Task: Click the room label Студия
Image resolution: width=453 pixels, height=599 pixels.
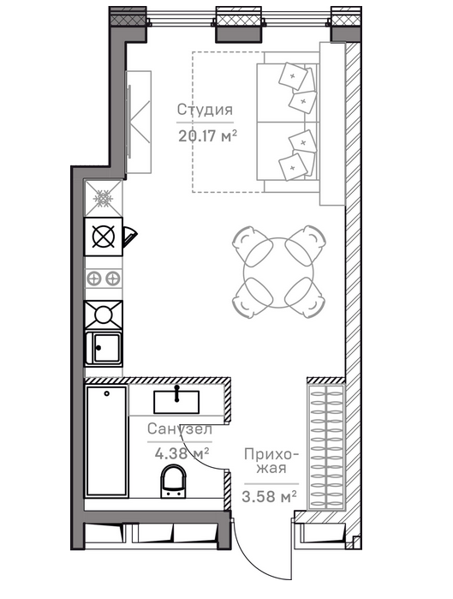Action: [x=205, y=109]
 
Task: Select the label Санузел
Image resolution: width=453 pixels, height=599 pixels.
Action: [x=180, y=429]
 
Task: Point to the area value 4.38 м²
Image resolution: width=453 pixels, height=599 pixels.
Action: [x=182, y=453]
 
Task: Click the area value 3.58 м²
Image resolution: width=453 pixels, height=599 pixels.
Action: [x=269, y=497]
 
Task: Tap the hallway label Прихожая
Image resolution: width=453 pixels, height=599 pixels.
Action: [x=271, y=461]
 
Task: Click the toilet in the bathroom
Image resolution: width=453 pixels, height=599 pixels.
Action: [x=174, y=482]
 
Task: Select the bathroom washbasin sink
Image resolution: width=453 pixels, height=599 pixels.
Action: [x=176, y=402]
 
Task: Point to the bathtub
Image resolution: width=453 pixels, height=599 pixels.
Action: [x=106, y=441]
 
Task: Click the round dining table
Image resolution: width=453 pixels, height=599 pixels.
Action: [x=278, y=273]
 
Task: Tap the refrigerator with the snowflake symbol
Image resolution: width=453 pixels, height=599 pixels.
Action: [x=104, y=199]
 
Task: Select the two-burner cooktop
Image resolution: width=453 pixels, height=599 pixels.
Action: [x=104, y=279]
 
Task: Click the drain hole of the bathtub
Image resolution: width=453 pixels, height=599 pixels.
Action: [x=107, y=393]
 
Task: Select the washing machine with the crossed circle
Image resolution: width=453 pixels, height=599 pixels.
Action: [x=104, y=237]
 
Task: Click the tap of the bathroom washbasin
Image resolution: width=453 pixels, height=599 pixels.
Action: [x=176, y=393]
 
